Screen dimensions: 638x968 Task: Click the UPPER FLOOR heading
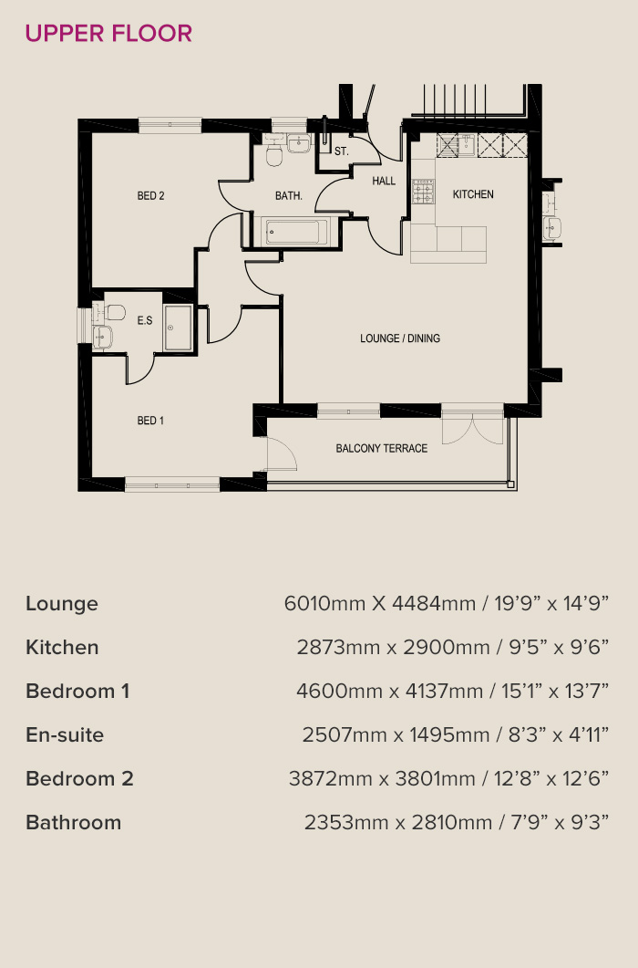pyautogui.click(x=108, y=34)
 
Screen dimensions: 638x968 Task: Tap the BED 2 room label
pyautogui.click(x=150, y=196)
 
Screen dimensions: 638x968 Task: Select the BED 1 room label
pyautogui.click(x=150, y=421)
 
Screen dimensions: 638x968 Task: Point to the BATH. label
pyautogui.click(x=289, y=196)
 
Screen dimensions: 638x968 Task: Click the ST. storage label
pyautogui.click(x=341, y=151)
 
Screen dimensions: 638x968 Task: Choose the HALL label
pyautogui.click(x=384, y=181)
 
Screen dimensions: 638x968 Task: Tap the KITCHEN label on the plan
pyautogui.click(x=473, y=194)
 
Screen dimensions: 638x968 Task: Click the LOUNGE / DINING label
pyautogui.click(x=400, y=338)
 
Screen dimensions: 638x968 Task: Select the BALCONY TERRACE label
pyautogui.click(x=381, y=448)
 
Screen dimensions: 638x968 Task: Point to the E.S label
pyautogui.click(x=144, y=320)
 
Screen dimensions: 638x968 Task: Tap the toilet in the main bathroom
pyautogui.click(x=274, y=152)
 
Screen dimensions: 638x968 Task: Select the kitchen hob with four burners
pyautogui.click(x=423, y=192)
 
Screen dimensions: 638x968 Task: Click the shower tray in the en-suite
pyautogui.click(x=179, y=328)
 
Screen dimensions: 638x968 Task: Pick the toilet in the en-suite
pyautogui.click(x=114, y=312)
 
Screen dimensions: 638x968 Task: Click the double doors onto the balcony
pyautogui.click(x=473, y=430)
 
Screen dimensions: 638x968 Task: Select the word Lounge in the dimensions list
pyautogui.click(x=62, y=604)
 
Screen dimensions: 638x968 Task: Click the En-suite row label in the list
pyautogui.click(x=65, y=734)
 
